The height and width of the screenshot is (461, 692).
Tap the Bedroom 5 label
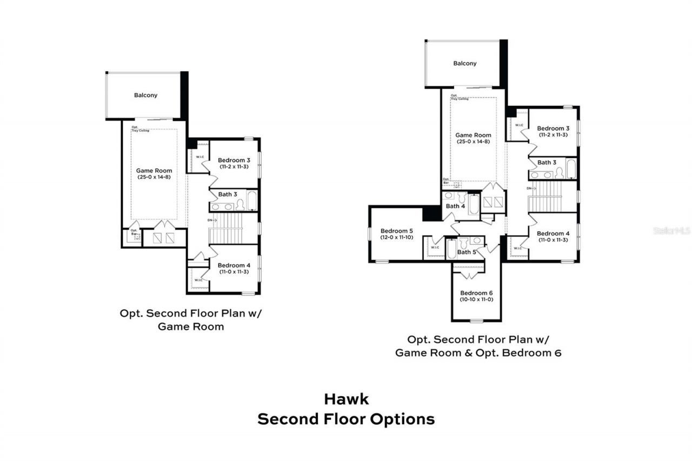pyautogui.click(x=396, y=230)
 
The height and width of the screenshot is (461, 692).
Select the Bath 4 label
pyautogui.click(x=455, y=206)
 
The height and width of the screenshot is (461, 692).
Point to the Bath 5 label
pyautogui.click(x=467, y=252)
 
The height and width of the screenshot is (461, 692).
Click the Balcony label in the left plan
pyautogui.click(x=145, y=95)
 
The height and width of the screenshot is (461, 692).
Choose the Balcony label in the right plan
pyautogui.click(x=465, y=63)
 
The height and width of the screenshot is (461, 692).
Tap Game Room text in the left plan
pyautogui.click(x=154, y=170)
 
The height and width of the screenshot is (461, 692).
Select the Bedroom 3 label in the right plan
pyautogui.click(x=553, y=128)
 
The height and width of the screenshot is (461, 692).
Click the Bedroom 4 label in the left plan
pyautogui.click(x=234, y=265)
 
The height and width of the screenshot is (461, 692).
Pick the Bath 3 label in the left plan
pyautogui.click(x=228, y=194)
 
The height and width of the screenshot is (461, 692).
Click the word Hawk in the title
pyautogui.click(x=346, y=399)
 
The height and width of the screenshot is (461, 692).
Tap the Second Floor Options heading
pyautogui.click(x=346, y=419)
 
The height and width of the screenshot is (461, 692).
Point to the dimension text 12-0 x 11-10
pyautogui.click(x=396, y=237)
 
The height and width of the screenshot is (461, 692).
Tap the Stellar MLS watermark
pyautogui.click(x=671, y=230)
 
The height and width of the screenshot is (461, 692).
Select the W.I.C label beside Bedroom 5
pyautogui.click(x=435, y=248)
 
